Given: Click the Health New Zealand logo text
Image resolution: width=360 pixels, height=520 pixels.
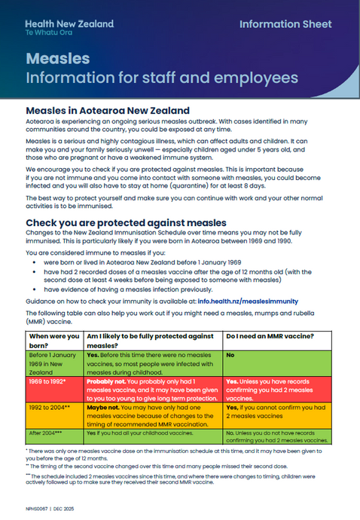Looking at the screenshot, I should pyautogui.click(x=69, y=24).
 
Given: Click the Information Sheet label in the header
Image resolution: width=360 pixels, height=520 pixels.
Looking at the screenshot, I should pyautogui.click(x=285, y=24).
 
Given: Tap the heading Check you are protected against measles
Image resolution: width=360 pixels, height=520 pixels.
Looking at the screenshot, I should pyautogui.click(x=126, y=223).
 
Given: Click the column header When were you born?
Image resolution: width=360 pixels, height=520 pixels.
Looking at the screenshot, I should pyautogui.click(x=54, y=340).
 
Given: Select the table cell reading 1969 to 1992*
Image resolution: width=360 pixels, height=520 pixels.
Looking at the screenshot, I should pyautogui.click(x=47, y=381).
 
